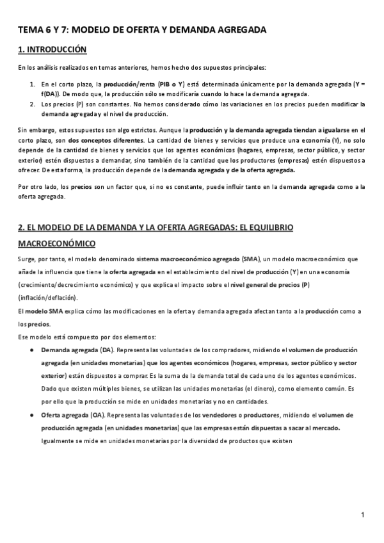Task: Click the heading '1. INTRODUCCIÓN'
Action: point(52,49)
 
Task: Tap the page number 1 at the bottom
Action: point(362,515)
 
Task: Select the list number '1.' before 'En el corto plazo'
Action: point(33,84)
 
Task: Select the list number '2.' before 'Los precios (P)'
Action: point(33,103)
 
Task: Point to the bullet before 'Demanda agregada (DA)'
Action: point(32,350)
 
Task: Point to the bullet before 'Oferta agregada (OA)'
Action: point(32,416)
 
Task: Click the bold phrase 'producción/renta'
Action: point(132,84)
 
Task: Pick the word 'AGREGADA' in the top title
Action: point(239,29)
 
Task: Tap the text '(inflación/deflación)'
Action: point(48,298)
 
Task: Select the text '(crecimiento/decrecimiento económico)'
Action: point(76,284)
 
